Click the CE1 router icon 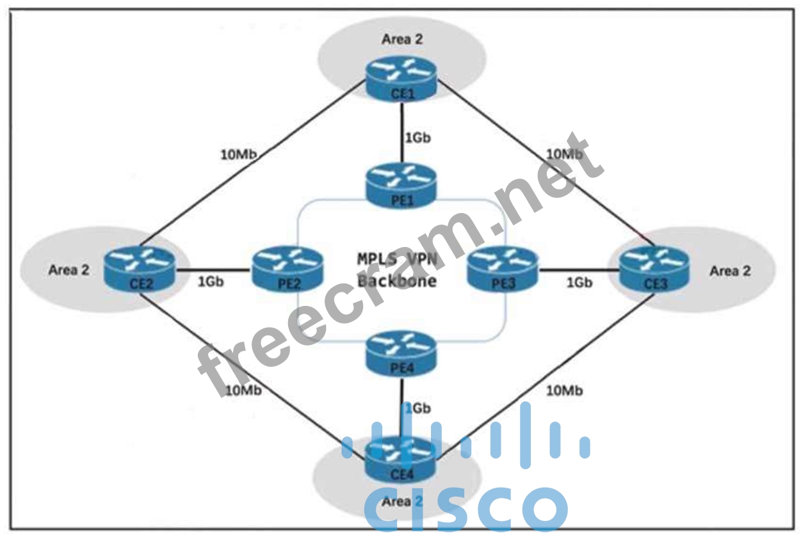point(401,80)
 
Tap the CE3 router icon point(654,269)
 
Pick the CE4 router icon point(401,461)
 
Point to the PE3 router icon point(503,269)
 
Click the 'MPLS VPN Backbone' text point(397,269)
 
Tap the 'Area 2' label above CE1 point(402,39)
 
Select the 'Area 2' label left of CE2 point(69,269)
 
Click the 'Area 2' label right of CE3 point(729,271)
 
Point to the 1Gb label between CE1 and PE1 point(417,138)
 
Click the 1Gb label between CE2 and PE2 point(211,282)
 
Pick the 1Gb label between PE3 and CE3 point(579,282)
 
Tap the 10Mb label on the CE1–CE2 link point(239,154)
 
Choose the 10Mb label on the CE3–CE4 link point(563,391)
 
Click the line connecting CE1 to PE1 point(401,131)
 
